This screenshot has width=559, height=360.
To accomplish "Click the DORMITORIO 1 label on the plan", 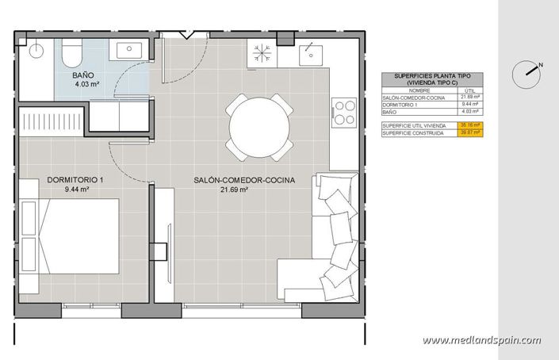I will coord(75,181).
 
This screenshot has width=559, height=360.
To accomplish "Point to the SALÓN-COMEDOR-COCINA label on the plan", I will coord(243,181).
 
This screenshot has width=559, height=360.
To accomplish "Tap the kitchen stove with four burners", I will coord(344,113).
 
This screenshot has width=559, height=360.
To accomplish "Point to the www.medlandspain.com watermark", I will coord(481,340).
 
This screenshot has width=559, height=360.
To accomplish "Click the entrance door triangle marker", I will coord(185,35).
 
